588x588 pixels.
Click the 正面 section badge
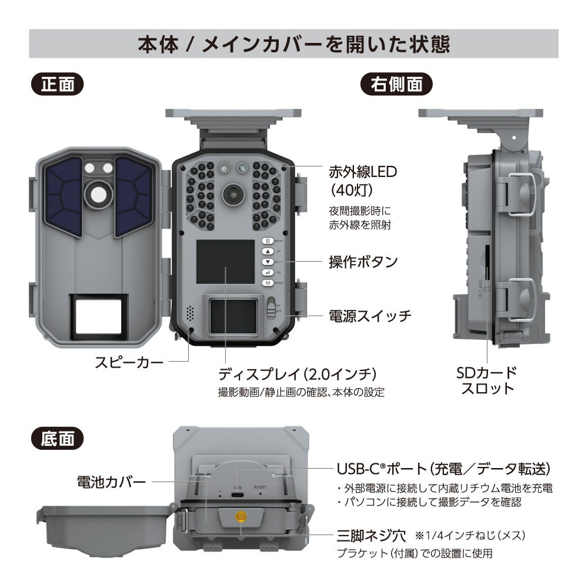pyautogui.click(x=58, y=84)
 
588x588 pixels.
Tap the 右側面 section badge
pyautogui.click(x=396, y=84)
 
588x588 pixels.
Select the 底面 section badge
pyautogui.click(x=58, y=438)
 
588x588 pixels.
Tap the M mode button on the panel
pyautogui.click(x=267, y=283)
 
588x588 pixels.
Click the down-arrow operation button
pyautogui.click(x=267, y=262)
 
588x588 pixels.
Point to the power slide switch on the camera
pyautogui.click(x=271, y=308)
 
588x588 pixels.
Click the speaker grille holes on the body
pyautogui.click(x=189, y=313)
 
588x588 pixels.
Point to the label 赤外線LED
pyautogui.click(x=363, y=172)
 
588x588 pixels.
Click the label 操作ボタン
pyautogui.click(x=363, y=262)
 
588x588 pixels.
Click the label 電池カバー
pyautogui.click(x=111, y=482)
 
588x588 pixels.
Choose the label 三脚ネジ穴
pyautogui.click(x=371, y=536)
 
